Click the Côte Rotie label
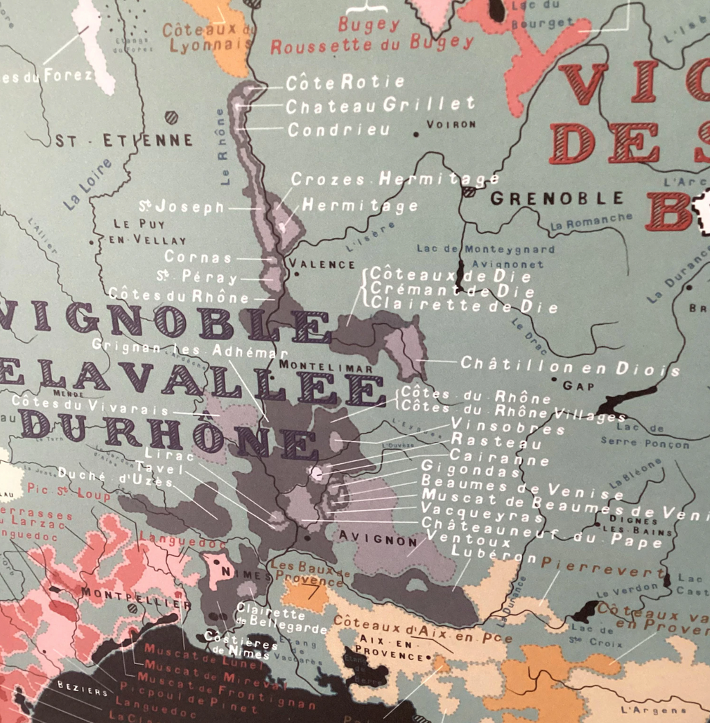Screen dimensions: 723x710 345,83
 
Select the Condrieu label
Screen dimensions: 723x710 339,130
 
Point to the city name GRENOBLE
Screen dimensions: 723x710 557,199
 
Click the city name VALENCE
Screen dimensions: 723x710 322,264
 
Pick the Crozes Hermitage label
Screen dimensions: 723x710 395,179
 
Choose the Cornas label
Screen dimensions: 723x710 198,257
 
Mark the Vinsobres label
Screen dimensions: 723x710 508,425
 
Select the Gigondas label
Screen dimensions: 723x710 471,471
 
